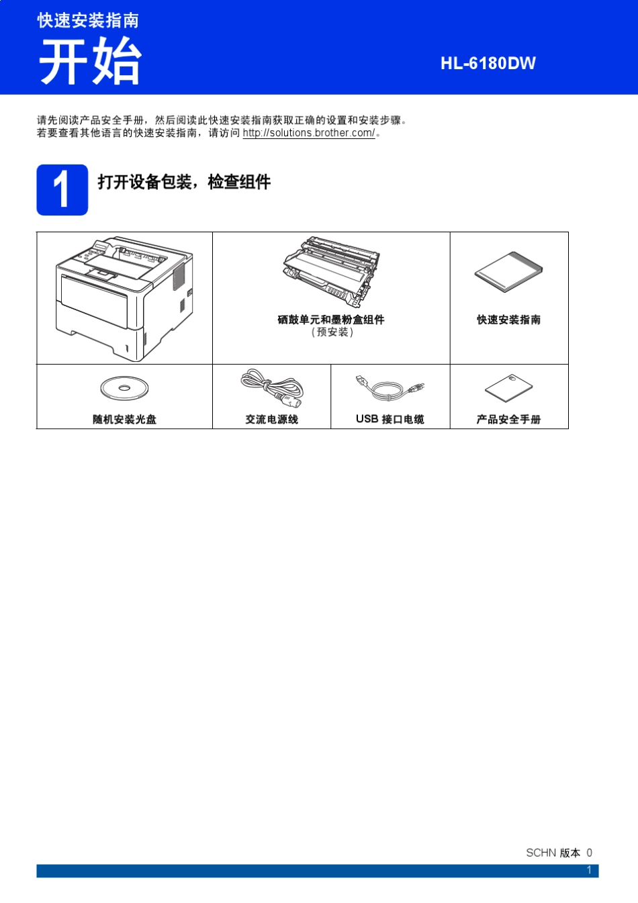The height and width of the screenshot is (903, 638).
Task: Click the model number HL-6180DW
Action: click(x=488, y=63)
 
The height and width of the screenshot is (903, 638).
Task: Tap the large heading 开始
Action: click(x=90, y=61)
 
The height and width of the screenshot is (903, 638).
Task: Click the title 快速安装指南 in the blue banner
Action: click(x=88, y=20)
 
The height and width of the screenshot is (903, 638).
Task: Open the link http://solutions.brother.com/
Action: click(x=309, y=133)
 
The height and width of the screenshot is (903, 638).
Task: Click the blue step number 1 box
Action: click(x=62, y=190)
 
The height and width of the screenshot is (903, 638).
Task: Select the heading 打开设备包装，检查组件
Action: click(x=184, y=182)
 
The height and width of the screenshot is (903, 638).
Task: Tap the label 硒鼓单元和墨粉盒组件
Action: click(x=330, y=320)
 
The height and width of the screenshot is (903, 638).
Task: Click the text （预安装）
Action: click(x=331, y=332)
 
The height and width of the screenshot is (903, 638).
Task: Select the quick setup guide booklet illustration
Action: click(x=508, y=273)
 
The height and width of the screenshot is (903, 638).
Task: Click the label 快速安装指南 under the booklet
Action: click(x=508, y=320)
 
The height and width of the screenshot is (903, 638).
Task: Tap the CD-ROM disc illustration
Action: click(x=124, y=388)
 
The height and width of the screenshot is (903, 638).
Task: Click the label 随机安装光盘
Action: click(x=124, y=420)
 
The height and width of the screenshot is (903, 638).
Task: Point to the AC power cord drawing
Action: click(x=272, y=387)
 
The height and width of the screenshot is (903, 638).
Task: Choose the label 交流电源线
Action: click(x=271, y=420)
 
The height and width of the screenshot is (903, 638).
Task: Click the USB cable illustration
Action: click(x=390, y=388)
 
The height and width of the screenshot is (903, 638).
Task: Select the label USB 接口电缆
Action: click(x=390, y=420)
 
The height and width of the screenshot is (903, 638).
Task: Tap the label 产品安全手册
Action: click(x=508, y=420)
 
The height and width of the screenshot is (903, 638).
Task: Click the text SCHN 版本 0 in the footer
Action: click(x=559, y=853)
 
